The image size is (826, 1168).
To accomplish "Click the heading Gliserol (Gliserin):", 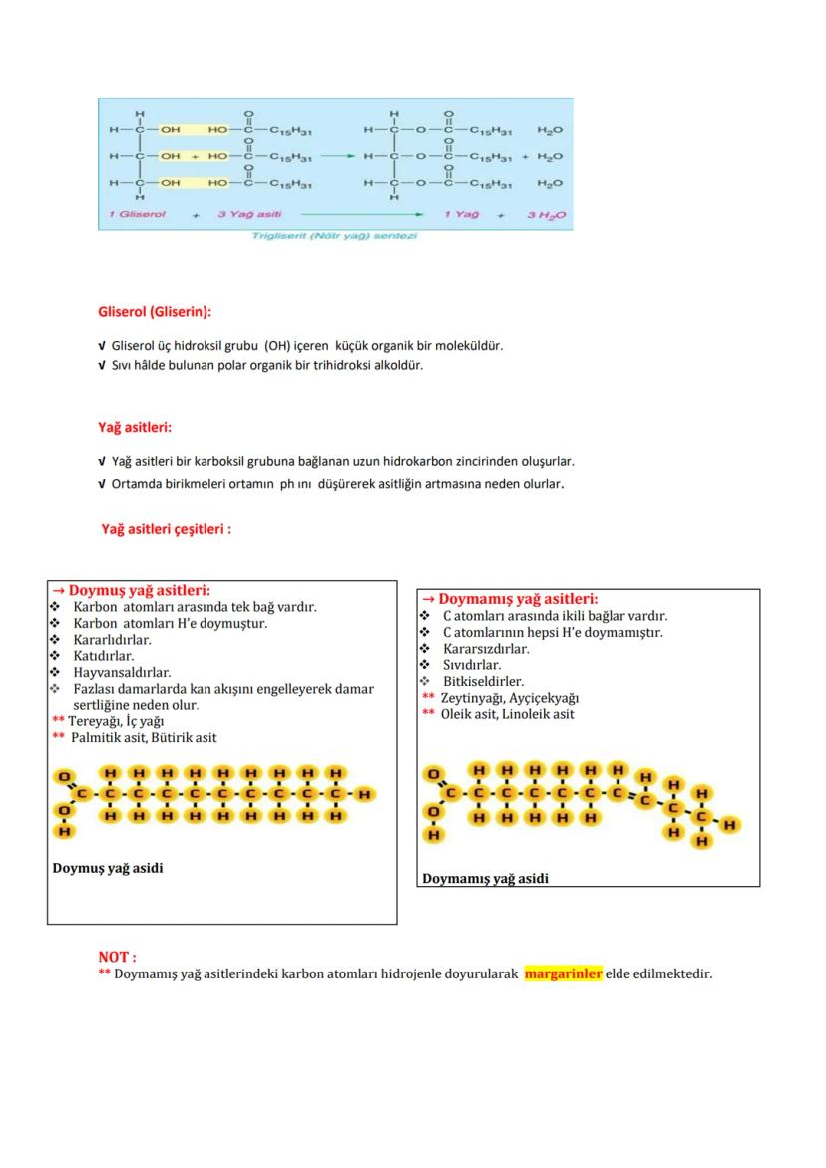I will coord(154,312).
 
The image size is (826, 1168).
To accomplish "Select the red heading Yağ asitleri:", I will coord(135,427).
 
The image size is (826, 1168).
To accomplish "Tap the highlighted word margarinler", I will coord(564,973).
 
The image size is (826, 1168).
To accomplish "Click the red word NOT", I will coord(116,957).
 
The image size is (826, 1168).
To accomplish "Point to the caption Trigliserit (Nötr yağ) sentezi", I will coord(334,236).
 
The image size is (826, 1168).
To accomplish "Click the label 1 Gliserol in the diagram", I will coord(139,213).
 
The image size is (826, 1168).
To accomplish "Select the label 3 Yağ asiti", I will coord(250,213).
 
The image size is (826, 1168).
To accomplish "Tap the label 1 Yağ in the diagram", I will coord(462,213).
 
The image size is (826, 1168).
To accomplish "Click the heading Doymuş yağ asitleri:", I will coord(139,590).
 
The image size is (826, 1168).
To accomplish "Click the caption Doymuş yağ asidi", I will coord(108,868).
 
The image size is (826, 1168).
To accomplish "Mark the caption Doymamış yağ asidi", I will coord(485,879).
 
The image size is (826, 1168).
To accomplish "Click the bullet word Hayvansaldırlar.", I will coord(122,673).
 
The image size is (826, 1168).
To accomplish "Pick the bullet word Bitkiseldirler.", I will coord(483,682).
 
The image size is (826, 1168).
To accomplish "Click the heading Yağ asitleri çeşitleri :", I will coord(166,529).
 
